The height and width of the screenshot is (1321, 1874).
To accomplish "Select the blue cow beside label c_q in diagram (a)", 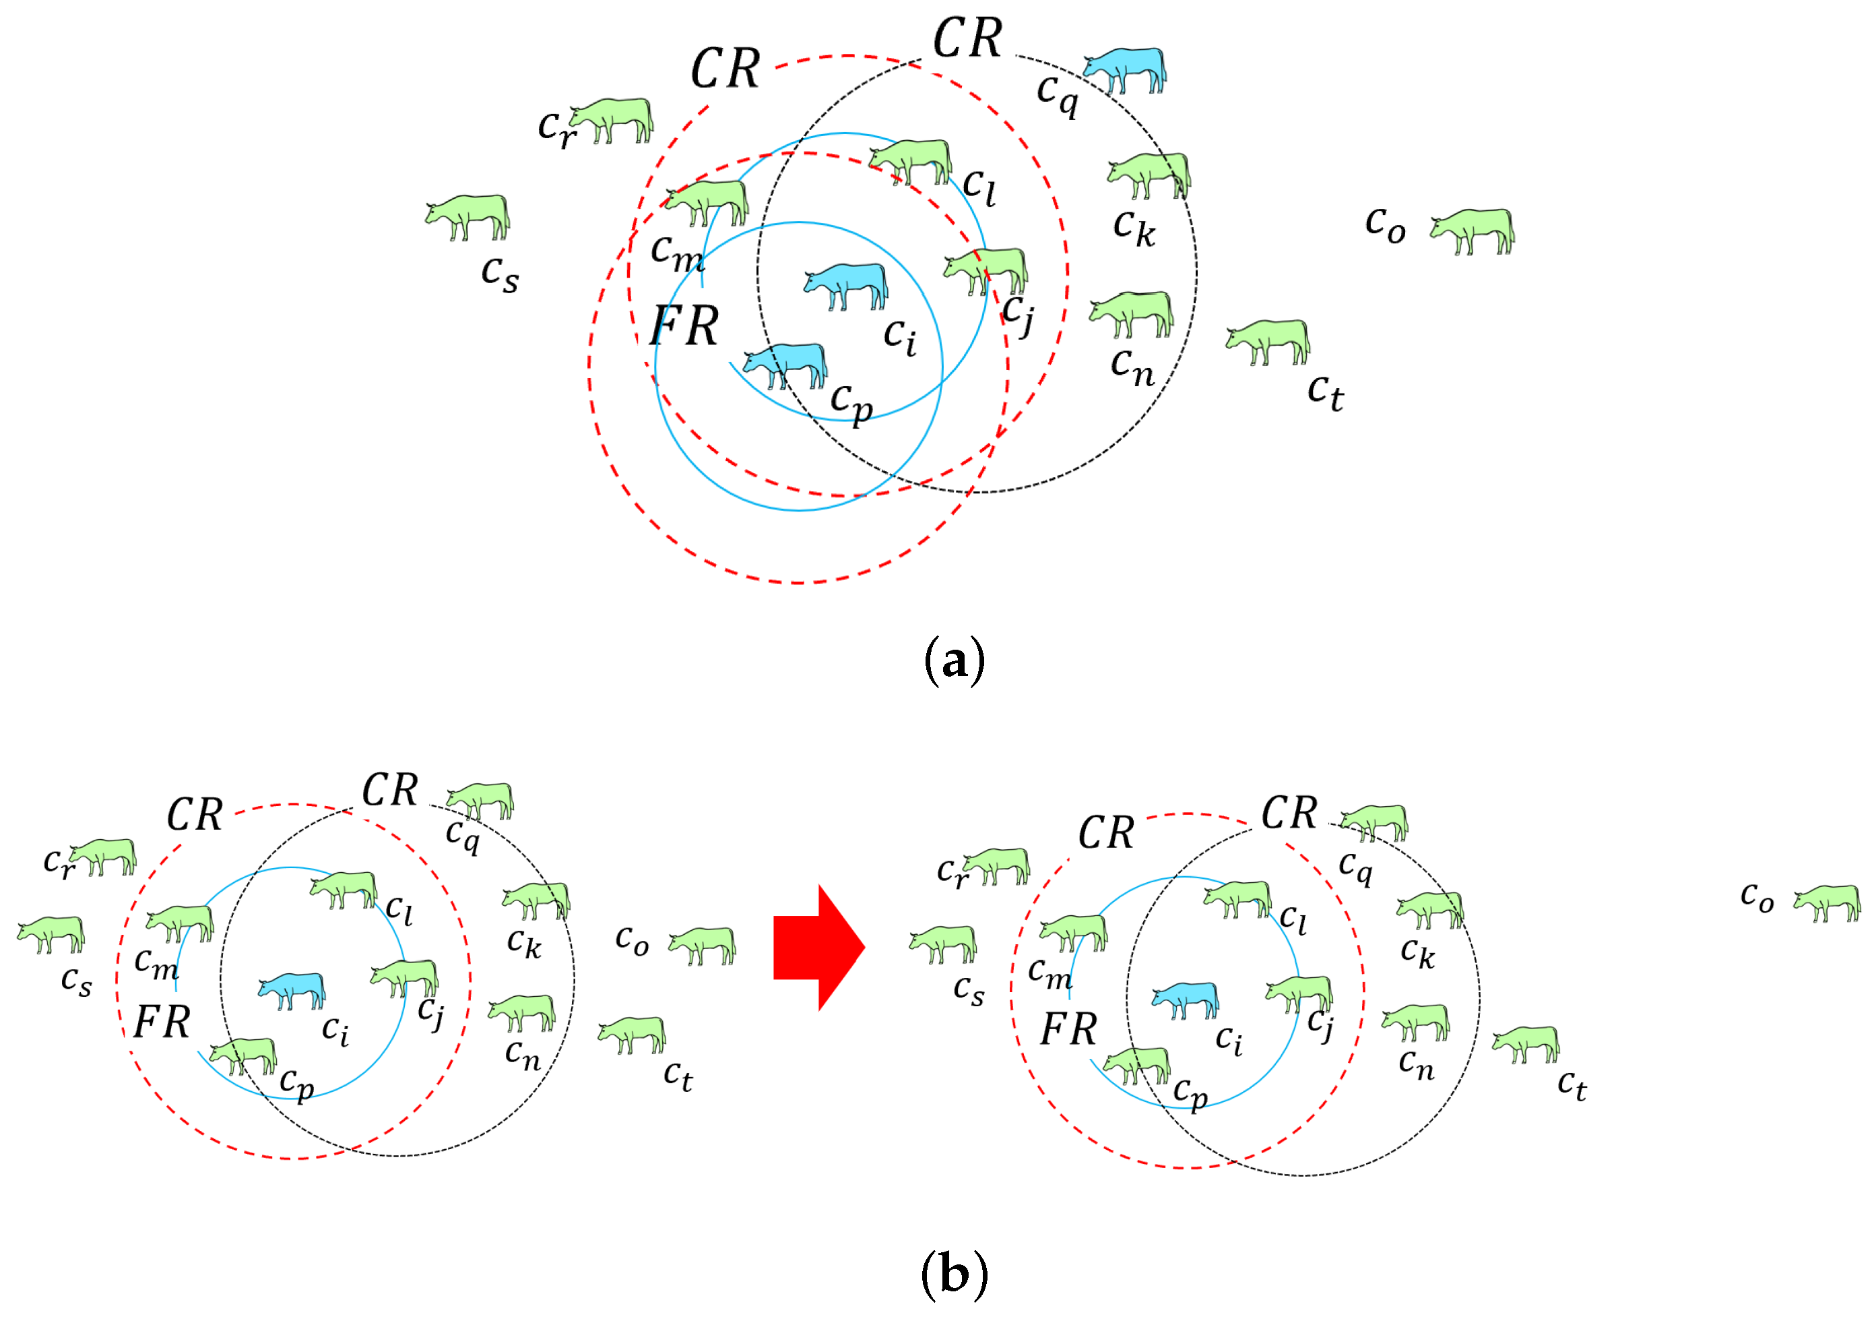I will (1126, 69).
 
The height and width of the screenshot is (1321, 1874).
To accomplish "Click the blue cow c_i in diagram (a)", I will (847, 285).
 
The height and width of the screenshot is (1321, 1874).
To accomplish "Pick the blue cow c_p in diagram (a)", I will (786, 364).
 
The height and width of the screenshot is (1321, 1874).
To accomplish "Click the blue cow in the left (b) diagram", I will (292, 990).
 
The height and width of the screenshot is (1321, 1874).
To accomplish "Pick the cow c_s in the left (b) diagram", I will (51, 934).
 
